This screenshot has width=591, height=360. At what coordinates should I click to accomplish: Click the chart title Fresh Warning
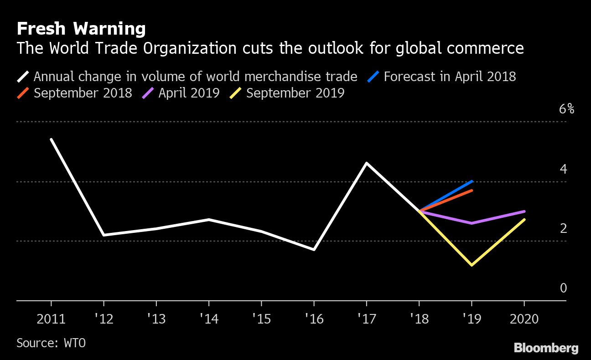point(81,29)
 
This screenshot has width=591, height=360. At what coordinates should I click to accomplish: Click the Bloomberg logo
point(546,348)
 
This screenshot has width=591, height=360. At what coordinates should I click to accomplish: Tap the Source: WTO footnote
point(51,343)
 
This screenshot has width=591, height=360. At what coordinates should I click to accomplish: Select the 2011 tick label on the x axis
point(51,319)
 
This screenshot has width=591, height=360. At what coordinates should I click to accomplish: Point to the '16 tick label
point(314,319)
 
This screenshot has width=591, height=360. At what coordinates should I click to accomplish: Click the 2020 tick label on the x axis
point(524,319)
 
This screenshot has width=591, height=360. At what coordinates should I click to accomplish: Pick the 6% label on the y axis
point(566,109)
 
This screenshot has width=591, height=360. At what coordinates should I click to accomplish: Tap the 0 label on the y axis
point(564,288)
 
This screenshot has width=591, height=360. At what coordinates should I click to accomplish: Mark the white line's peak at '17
point(367,163)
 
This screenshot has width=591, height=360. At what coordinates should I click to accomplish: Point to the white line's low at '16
point(314,249)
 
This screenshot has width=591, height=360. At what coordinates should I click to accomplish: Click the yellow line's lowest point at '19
point(471,265)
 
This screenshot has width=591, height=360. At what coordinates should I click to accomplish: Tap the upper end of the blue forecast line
point(472,181)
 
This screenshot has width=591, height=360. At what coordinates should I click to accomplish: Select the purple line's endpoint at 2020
point(524,211)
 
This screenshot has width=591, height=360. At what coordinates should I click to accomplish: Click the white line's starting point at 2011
point(51,139)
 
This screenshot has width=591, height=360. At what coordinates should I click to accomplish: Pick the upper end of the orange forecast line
point(472,190)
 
